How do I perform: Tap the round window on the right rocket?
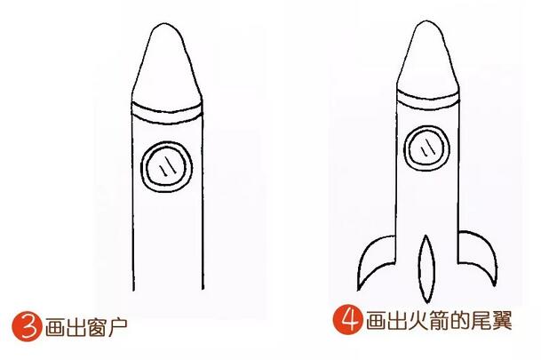coord(426,146)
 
